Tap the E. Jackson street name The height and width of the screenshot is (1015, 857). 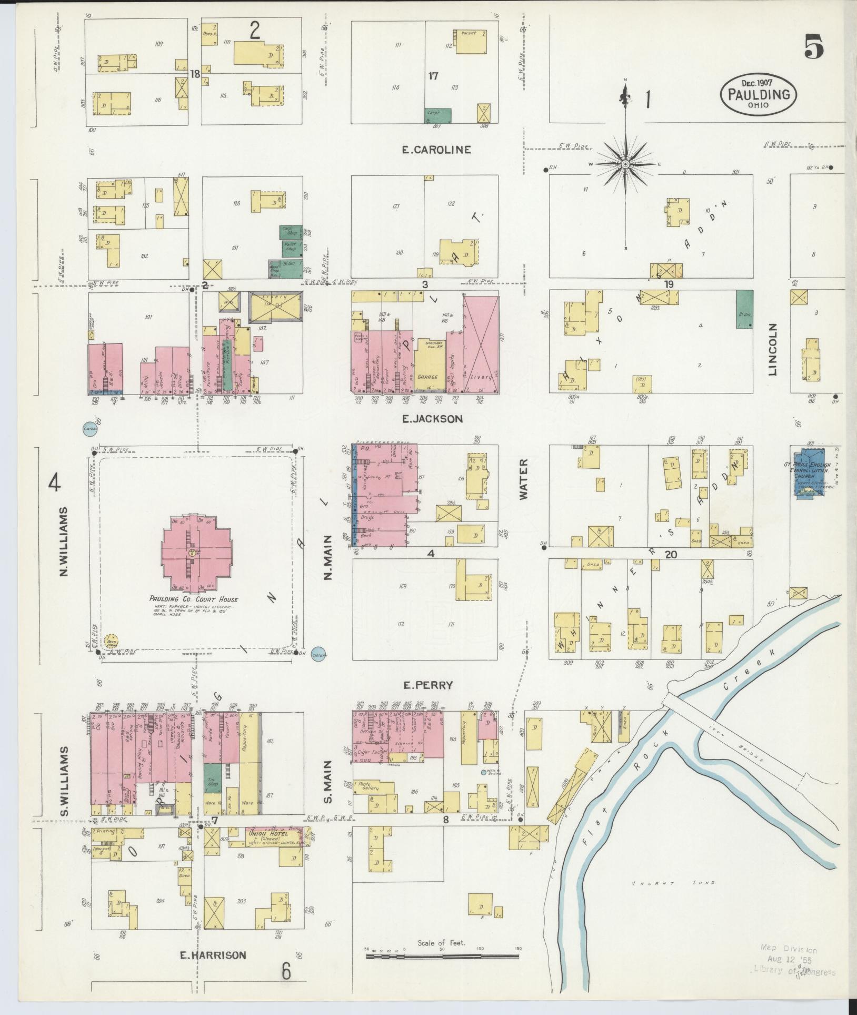(x=432, y=419)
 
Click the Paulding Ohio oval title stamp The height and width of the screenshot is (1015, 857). (x=759, y=94)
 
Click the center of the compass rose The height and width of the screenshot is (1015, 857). (x=625, y=165)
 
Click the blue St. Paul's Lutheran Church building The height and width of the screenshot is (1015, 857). (x=810, y=472)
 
